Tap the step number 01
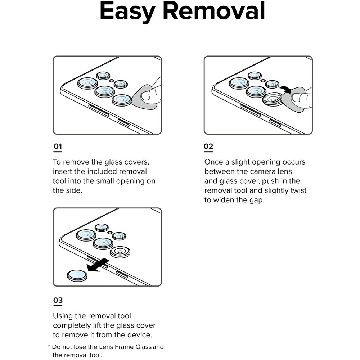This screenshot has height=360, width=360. click(x=58, y=147)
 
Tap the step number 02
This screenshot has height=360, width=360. click(x=208, y=147)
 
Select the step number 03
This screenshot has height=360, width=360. click(x=58, y=300)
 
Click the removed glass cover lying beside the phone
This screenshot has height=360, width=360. click(x=77, y=275)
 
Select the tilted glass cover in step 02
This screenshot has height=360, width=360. click(x=272, y=98)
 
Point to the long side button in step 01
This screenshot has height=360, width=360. click(x=99, y=110)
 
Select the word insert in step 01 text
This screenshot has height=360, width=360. click(x=63, y=172)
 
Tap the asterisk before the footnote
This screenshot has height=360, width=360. click(x=49, y=347)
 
